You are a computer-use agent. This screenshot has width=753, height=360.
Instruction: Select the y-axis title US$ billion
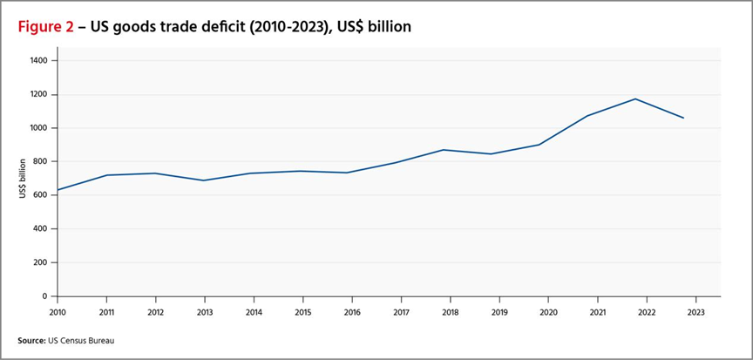coord(24,179)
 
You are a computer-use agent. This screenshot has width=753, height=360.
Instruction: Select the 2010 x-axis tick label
coord(57,311)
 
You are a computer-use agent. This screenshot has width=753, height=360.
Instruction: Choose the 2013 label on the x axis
coord(204,311)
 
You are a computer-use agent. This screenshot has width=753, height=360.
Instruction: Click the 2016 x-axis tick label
coord(351,311)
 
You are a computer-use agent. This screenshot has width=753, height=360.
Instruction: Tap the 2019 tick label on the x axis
coord(499,311)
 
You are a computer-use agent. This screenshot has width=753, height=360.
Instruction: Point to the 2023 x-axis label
coord(695,311)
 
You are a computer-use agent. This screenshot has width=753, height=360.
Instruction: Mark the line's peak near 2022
coord(636,98)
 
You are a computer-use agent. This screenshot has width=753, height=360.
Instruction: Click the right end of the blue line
coord(684,118)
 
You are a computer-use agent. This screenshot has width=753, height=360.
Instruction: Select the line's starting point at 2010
coord(58,190)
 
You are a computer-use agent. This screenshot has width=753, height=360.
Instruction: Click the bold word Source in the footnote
coord(31,340)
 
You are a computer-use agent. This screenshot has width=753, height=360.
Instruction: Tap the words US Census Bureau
coord(80,340)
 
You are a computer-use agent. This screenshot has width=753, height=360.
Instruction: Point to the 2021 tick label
coord(597,311)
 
